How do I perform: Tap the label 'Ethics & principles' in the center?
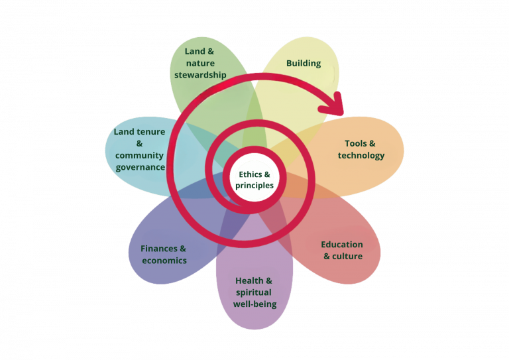254,180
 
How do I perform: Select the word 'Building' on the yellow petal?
304,64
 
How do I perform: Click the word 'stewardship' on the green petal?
200,75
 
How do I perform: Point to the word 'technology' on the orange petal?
361,155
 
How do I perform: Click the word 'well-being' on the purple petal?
254,304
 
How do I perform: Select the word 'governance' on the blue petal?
140,167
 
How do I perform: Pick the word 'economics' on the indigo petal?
164,261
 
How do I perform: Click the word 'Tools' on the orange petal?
356,143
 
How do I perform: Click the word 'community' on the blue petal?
140,155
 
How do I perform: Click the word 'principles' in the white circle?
254,186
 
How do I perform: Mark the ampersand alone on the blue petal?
140,143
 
